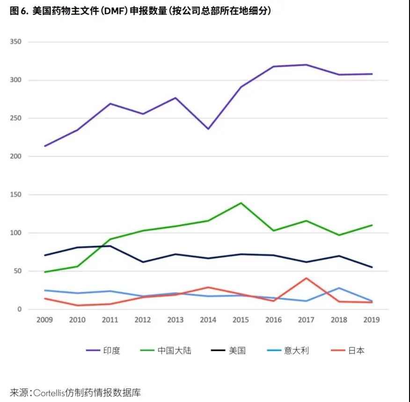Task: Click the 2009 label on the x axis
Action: pyautogui.click(x=45, y=320)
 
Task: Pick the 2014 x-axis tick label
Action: pyautogui.click(x=208, y=320)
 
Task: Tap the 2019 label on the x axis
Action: pyautogui.click(x=372, y=320)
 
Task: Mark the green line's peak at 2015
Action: pyautogui.click(x=241, y=203)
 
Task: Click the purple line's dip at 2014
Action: pyautogui.click(x=208, y=129)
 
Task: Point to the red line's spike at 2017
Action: pyautogui.click(x=307, y=278)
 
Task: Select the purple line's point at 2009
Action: pyautogui.click(x=45, y=146)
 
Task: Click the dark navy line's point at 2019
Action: pyautogui.click(x=372, y=267)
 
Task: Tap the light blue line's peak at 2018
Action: pyautogui.click(x=339, y=288)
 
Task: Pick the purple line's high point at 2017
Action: pyautogui.click(x=307, y=65)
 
